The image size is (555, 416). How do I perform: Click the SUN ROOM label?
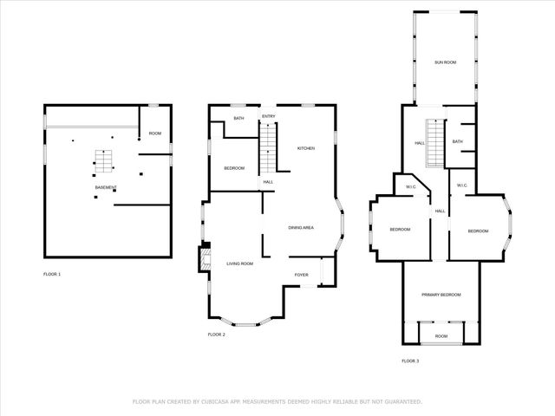tap(445, 63)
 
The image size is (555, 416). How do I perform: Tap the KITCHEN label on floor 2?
tap(306, 148)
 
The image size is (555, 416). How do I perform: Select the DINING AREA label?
tap(301, 227)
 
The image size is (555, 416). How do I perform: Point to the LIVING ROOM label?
tap(239, 263)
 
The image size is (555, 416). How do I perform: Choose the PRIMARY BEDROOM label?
tap(441, 295)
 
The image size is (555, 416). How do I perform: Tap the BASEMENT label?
tap(106, 188)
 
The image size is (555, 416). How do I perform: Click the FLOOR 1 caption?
tap(53, 275)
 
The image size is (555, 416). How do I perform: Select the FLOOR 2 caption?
tap(216, 335)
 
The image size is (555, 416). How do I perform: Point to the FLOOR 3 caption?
tap(410, 361)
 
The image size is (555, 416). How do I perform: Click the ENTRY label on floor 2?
tap(269, 116)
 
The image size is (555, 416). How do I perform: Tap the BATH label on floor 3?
tap(457, 141)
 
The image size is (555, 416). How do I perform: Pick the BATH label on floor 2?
tap(238, 119)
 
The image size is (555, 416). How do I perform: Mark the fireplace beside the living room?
tap(206, 259)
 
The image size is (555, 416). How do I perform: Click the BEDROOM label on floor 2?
tap(234, 167)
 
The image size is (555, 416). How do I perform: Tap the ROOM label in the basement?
tap(154, 133)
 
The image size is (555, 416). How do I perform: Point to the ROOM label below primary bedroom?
tap(441, 335)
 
